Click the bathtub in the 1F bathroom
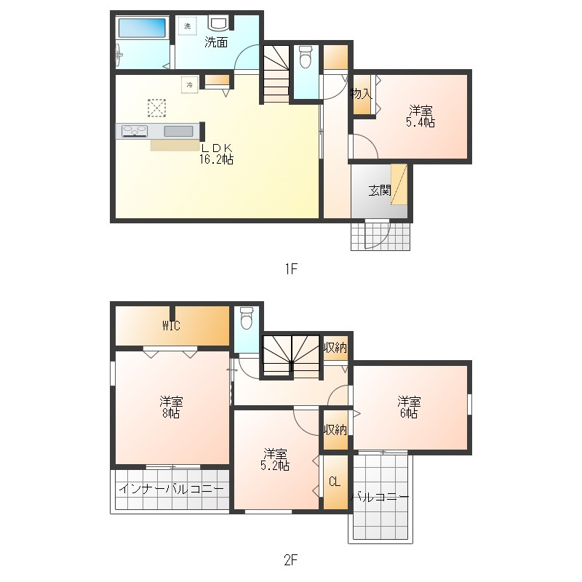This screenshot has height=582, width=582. tap(142, 28)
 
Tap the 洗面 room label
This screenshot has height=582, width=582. tap(216, 42)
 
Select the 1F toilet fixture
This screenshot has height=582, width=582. tap(305, 57)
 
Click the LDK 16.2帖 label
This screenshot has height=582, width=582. tap(216, 154)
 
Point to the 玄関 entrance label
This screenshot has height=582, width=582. tap(380, 191)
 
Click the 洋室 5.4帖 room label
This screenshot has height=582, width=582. tap(420, 116)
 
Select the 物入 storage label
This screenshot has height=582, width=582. tap(361, 94)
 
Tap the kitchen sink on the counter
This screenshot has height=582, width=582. tap(178, 132)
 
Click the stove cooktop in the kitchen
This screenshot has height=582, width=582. tap(135, 132)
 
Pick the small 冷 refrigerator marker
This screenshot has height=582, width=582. tap(190, 85)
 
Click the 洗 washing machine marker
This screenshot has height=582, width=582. tap(188, 26)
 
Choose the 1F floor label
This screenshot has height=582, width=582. tap(292, 268)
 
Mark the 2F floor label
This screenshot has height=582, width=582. tap(290, 560)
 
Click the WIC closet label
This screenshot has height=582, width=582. tap(171, 326)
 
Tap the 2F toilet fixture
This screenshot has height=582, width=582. tap(246, 318)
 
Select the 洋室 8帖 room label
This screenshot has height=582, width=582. tap(171, 407)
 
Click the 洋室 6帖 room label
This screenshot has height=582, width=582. tap(409, 407)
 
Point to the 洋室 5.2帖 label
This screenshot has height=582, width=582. tap(275, 460)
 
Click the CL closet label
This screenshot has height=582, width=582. tap(335, 482)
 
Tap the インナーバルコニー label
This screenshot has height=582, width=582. tap(171, 489)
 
